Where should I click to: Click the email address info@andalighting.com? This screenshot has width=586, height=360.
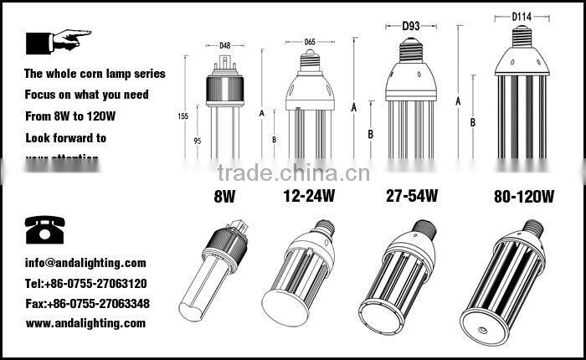point(85,263)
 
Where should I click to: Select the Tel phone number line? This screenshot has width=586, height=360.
point(86,283)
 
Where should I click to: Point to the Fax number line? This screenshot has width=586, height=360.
point(87,303)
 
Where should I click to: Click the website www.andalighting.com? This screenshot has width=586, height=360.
point(85,323)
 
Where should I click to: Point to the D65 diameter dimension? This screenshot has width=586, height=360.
point(311,40)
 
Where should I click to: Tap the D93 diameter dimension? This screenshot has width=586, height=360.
point(410,26)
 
